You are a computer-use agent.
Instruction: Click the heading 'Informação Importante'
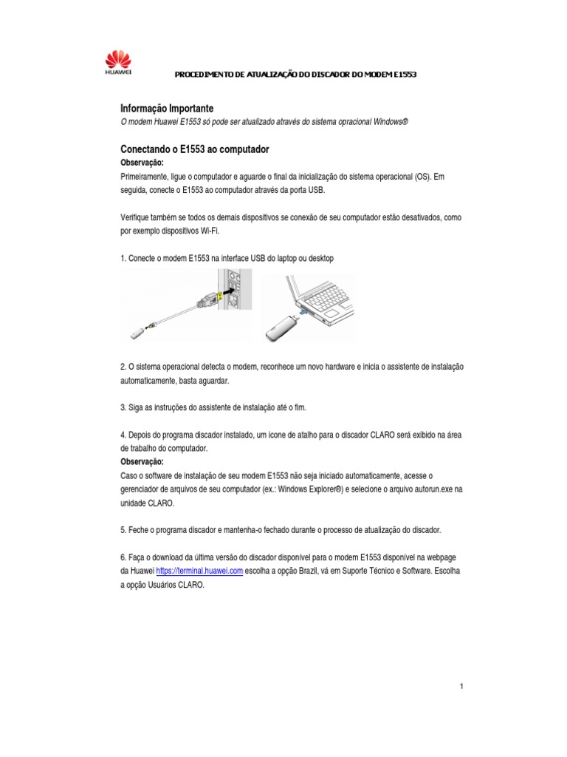point(167,108)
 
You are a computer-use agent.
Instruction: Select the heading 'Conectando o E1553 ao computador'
point(194,149)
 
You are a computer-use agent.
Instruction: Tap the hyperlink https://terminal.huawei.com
point(199,571)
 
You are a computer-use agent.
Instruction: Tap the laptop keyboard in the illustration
point(326,296)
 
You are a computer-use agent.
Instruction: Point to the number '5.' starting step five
point(123,531)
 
